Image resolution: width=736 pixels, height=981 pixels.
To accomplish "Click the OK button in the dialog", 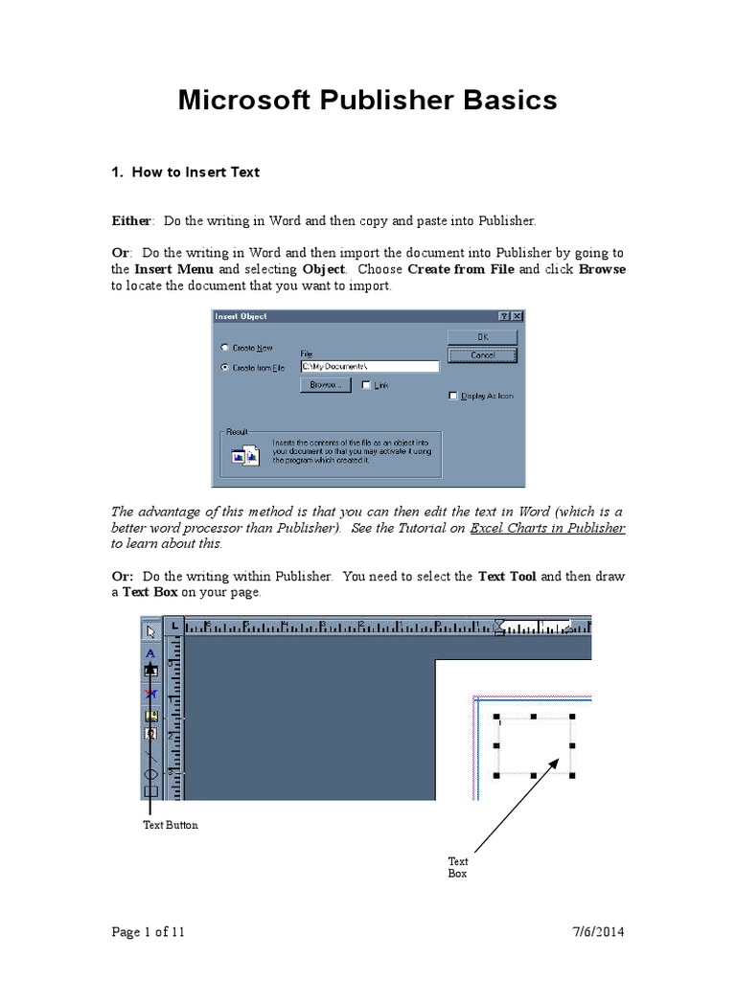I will point(482,336).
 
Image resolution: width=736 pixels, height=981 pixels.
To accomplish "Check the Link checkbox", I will point(366,384).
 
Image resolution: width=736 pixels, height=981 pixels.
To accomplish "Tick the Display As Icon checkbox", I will point(453,396).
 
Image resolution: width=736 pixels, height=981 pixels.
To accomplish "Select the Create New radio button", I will point(225,348).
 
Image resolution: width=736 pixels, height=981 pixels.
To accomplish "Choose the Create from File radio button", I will point(225,367).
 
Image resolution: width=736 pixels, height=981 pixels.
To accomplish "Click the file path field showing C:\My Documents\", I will point(369,366).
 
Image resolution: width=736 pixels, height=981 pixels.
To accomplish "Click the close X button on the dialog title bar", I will point(517,316).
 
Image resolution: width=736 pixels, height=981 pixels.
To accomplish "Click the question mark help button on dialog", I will point(504,316).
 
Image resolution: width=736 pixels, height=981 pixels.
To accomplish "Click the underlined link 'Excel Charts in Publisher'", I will point(547,528).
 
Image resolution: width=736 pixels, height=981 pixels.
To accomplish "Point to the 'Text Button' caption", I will point(171,825).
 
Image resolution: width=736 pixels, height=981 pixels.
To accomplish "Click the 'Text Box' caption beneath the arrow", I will point(458,868).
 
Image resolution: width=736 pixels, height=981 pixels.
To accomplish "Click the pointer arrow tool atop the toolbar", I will point(150,630).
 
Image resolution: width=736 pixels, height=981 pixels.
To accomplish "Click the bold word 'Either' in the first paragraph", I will point(131,220).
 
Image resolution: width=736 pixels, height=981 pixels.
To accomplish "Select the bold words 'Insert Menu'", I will point(173,269).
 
